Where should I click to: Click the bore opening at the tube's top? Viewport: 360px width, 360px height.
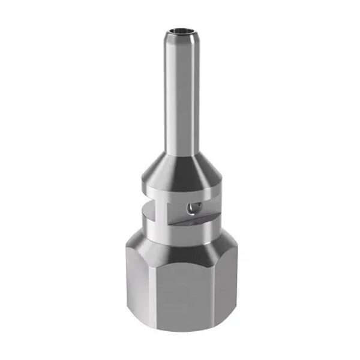coord(181,28)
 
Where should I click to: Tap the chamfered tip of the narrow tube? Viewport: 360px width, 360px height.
coord(181,37)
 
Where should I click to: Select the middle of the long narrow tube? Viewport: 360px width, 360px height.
coord(181,96)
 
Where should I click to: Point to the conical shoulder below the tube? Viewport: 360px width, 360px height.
coord(181,163)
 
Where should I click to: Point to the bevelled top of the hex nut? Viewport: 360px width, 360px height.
coord(180,246)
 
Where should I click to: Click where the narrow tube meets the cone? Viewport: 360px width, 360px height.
coord(181,150)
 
